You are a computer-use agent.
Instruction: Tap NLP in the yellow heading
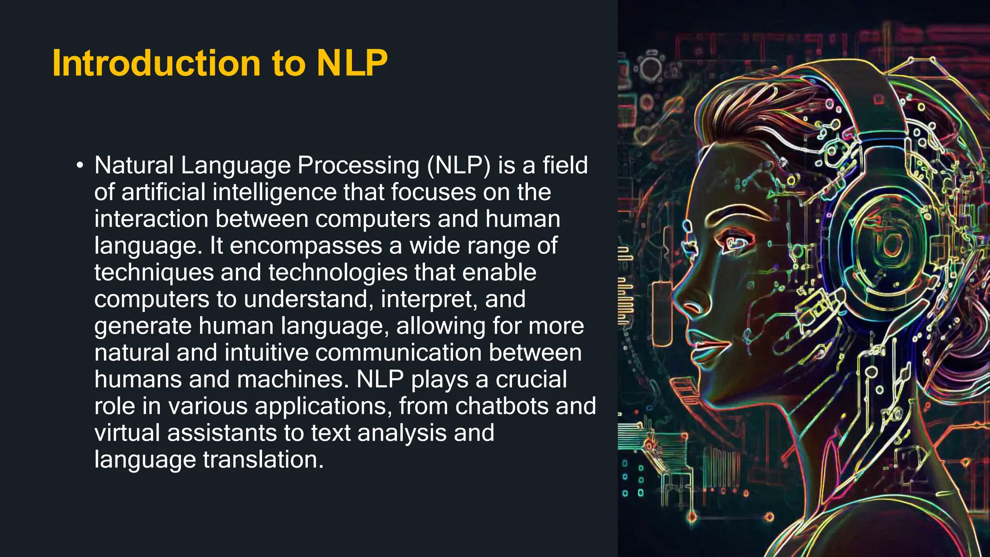click(x=352, y=63)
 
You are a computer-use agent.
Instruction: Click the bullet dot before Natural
click(x=80, y=166)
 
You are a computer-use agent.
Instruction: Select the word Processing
click(x=358, y=166)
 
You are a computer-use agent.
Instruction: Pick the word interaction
click(x=151, y=219)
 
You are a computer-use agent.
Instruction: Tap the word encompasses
click(x=306, y=246)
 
